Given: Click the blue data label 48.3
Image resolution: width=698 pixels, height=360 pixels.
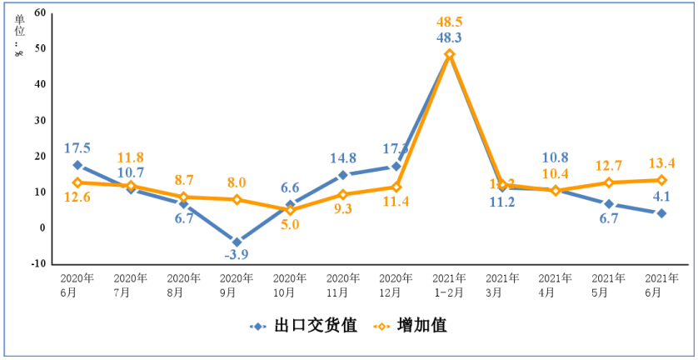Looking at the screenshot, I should (x=450, y=37).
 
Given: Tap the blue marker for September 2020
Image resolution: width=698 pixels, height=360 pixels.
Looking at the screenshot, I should (x=237, y=242).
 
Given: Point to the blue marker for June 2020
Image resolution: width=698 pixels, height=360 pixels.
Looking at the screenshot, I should (x=77, y=165).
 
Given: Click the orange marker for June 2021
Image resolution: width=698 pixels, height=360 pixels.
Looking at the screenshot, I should (x=661, y=180).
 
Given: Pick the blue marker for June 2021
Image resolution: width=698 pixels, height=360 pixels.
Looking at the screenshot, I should (x=661, y=213).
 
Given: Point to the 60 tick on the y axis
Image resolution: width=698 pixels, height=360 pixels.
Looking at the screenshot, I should (x=39, y=13).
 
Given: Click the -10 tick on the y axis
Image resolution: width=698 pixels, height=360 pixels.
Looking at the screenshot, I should (x=37, y=264).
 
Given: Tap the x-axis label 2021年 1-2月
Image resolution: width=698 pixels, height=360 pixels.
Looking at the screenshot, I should (x=450, y=285).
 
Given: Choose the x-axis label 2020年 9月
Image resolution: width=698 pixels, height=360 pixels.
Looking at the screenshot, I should (x=237, y=285).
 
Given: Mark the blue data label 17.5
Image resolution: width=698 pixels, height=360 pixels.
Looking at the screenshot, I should (x=77, y=148).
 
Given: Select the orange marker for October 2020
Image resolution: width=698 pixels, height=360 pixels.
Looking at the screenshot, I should (x=290, y=210).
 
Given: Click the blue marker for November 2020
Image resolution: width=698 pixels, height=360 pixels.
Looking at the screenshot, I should (x=343, y=175).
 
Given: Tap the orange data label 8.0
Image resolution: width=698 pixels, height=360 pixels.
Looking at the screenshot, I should (x=237, y=182).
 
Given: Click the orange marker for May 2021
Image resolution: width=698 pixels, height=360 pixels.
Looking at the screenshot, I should (x=609, y=182).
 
